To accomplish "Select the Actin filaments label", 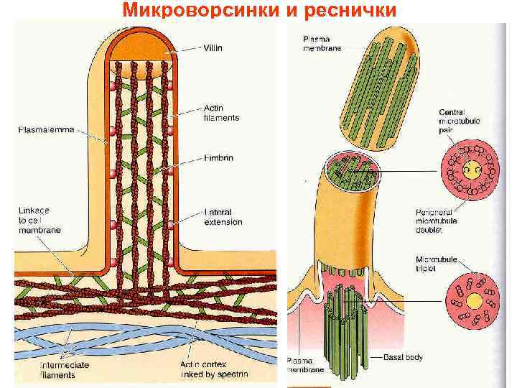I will click(x=221, y=114).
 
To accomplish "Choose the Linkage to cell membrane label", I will click(x=39, y=220).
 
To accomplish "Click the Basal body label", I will click(x=404, y=356).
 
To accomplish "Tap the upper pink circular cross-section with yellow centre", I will click(x=471, y=172).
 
